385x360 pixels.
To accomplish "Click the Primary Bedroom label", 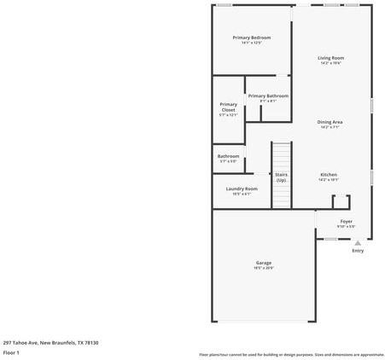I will [252, 38].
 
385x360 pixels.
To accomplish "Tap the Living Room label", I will [331, 58].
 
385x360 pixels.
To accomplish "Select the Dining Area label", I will [330, 122].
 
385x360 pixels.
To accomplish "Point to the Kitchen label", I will [329, 175].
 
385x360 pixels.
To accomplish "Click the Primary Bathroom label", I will [268, 96].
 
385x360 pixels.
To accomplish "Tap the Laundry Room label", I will [242, 189].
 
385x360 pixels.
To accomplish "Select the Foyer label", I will [346, 221].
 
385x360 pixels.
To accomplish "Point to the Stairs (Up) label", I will [281, 177].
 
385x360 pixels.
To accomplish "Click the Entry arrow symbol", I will [358, 242].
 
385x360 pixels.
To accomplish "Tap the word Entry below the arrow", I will [358, 251].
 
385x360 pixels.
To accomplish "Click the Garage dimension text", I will [263, 268].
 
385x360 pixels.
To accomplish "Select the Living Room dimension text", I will [331, 63].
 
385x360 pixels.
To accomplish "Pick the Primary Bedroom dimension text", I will [252, 43].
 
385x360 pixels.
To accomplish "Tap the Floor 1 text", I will [11, 351].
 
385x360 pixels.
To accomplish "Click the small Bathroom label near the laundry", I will [228, 156].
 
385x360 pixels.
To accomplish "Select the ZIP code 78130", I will [91, 342].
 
